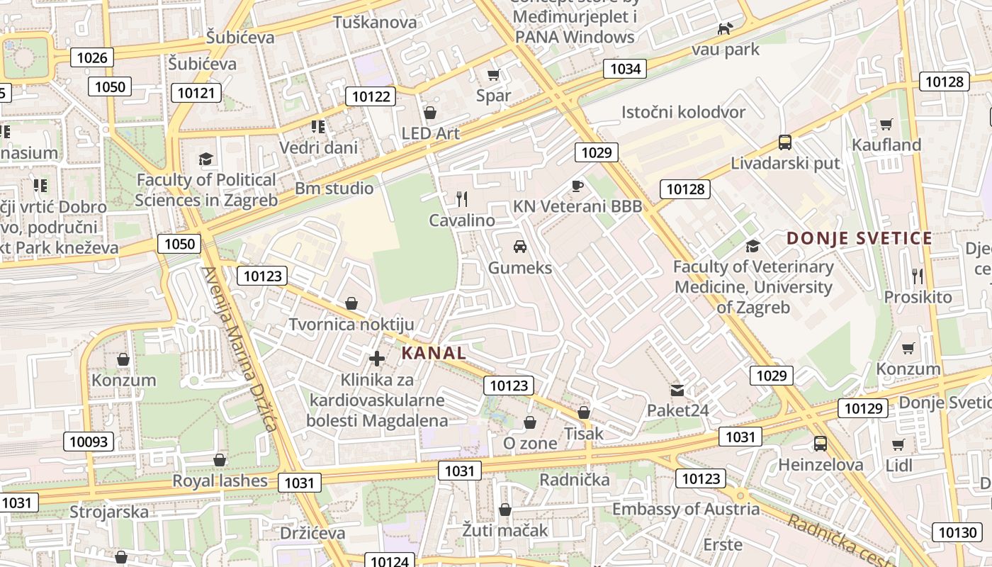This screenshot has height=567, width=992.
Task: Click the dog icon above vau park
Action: coord(725,28)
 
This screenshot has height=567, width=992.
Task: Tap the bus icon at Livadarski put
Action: coord(785,142)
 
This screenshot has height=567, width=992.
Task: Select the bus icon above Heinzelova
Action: coord(820,444)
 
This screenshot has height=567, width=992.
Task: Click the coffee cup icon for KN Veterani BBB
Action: coord(577,186)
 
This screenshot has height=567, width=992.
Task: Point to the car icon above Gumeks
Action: coord(520,247)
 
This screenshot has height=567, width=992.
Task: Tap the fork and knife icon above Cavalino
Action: coord(462,199)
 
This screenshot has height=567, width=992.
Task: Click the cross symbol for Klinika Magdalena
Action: coord(377,359)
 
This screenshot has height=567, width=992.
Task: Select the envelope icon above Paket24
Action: coord(677,390)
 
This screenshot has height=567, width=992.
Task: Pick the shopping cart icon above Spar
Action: coord(494,74)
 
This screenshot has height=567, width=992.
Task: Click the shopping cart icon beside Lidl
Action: coord(898,444)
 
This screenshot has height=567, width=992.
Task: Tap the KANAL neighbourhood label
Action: coord(434,353)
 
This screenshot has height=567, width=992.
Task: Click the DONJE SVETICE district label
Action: coord(859,238)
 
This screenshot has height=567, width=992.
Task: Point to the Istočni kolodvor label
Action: coord(683,112)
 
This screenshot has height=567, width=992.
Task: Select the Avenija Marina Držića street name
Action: coord(237,349)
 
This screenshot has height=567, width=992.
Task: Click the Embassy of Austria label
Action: coord(685,509)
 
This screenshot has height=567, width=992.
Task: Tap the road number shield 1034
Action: coord(625,69)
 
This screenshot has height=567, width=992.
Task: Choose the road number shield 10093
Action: coord(89,442)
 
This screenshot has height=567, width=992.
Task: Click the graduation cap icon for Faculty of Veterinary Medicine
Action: coord(753,246)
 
